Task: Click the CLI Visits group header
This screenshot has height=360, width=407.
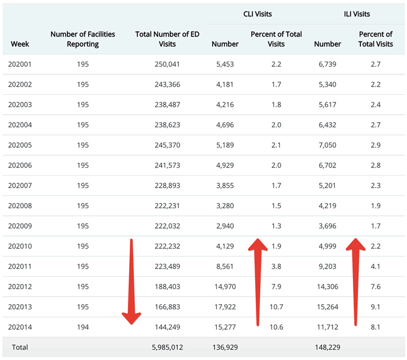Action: tap(258, 13)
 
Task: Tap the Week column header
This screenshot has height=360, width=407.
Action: tap(20, 44)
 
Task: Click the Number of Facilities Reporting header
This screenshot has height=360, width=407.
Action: tap(83, 39)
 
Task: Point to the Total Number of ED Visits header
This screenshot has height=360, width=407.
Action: tap(167, 39)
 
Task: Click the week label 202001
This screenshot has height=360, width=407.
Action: tap(20, 64)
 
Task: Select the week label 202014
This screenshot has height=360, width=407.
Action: tap(20, 327)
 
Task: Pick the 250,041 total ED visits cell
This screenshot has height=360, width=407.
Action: tap(167, 64)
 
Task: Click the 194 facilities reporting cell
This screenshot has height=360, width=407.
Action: tap(83, 327)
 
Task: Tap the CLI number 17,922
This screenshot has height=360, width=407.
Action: tap(224, 306)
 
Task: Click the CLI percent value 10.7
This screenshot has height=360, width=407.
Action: tap(276, 306)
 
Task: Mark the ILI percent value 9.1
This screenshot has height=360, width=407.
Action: tap(375, 306)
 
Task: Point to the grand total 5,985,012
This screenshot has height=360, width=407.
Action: tap(167, 347)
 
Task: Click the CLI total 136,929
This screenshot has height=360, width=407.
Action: tap(224, 347)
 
